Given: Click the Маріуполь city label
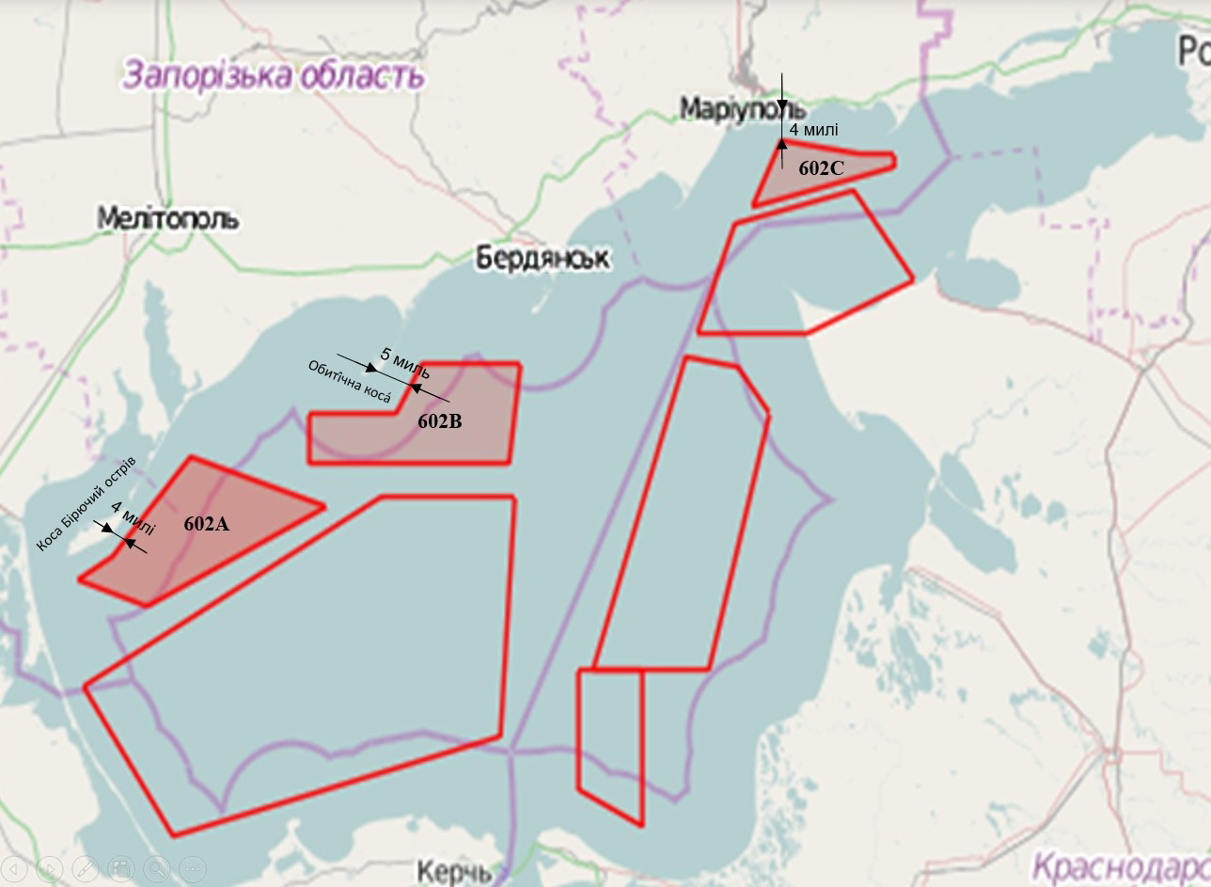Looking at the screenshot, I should click(743, 108).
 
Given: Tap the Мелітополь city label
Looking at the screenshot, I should click(167, 219).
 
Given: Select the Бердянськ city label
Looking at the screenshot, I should click(542, 258).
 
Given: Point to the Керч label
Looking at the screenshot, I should click(453, 871).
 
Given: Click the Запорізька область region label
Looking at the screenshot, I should click(272, 74).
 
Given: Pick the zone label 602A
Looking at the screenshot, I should click(206, 525).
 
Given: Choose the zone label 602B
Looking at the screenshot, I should click(440, 422).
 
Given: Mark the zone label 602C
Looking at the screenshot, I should click(822, 169).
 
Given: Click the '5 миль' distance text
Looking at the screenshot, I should click(405, 361).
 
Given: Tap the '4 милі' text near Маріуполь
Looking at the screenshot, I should click(813, 130).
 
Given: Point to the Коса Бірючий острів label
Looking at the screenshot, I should click(86, 505).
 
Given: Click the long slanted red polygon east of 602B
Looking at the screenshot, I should click(682, 517).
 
